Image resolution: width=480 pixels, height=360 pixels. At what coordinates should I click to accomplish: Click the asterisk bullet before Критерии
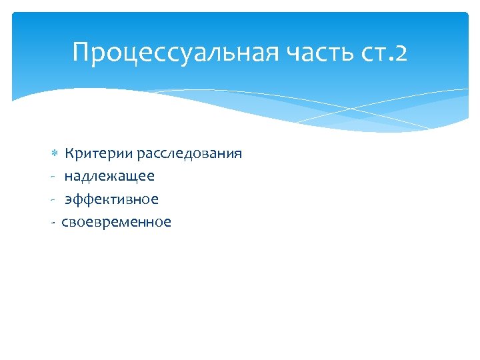[55, 155]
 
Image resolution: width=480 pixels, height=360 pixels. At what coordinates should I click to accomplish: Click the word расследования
[189, 154]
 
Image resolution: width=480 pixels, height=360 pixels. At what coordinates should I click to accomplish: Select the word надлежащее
[109, 177]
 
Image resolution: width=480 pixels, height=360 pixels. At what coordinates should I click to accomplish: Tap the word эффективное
[111, 199]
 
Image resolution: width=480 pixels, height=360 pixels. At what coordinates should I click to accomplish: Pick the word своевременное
[116, 222]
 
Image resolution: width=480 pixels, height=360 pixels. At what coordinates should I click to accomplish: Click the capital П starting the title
[81, 53]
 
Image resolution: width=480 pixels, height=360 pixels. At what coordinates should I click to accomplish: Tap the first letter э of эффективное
[68, 200]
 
